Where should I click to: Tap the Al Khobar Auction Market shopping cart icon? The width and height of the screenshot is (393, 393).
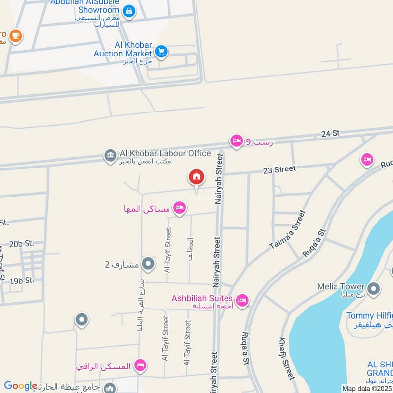pyautogui.click(x=161, y=51)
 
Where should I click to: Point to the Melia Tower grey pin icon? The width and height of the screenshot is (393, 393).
pyautogui.click(x=374, y=289)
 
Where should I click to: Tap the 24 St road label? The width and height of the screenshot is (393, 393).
pyautogui.click(x=331, y=134)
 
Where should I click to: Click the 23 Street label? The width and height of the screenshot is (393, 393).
pyautogui.click(x=280, y=169)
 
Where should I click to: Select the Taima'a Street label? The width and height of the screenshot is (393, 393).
pyautogui.click(x=287, y=229)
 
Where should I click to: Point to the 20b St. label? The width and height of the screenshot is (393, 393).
pyautogui.click(x=22, y=243)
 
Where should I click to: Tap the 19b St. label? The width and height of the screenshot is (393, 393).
pyautogui.click(x=22, y=281)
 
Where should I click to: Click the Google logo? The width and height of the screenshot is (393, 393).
pyautogui.click(x=21, y=386)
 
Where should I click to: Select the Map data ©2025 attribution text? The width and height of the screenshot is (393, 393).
pyautogui.click(x=367, y=388)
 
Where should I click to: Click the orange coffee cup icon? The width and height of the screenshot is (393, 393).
pyautogui.click(x=16, y=36)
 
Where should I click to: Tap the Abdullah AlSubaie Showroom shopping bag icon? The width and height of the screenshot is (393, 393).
pyautogui.click(x=129, y=11)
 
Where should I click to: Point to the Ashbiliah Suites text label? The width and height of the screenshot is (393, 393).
pyautogui.click(x=202, y=298)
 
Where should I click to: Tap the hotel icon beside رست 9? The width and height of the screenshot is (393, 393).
pyautogui.click(x=237, y=141)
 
